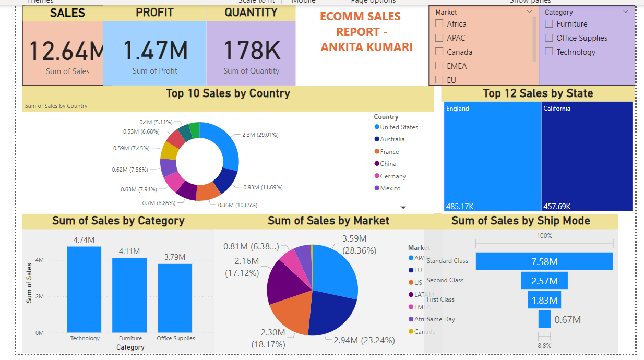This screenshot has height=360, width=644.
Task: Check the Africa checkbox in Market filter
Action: (x=439, y=24)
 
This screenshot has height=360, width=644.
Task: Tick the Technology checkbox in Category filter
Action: (x=549, y=52)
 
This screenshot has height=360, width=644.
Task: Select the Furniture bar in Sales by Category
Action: (x=130, y=295)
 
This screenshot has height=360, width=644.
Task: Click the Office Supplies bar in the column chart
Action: (x=175, y=297)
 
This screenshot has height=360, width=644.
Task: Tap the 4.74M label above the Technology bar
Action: (x=84, y=240)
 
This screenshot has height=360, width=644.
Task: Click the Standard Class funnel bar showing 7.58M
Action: (x=544, y=261)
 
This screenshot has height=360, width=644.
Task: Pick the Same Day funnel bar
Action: (x=544, y=319)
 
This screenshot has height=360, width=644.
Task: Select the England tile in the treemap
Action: (x=492, y=157)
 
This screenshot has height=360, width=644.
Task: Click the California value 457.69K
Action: (x=557, y=206)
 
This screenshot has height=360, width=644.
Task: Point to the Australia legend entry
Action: (x=392, y=139)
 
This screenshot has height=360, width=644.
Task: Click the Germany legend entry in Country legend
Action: (x=392, y=176)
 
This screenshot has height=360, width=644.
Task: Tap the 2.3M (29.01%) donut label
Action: (x=260, y=135)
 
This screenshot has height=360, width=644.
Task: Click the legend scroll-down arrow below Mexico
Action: (x=403, y=208)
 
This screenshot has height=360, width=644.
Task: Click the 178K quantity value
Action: (x=252, y=51)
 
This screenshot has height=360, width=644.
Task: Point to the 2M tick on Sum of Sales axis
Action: (x=40, y=296)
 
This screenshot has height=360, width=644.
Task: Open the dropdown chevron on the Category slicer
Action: (x=626, y=11)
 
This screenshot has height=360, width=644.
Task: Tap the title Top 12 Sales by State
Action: (x=538, y=93)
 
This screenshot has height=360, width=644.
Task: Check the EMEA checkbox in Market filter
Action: (x=439, y=66)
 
